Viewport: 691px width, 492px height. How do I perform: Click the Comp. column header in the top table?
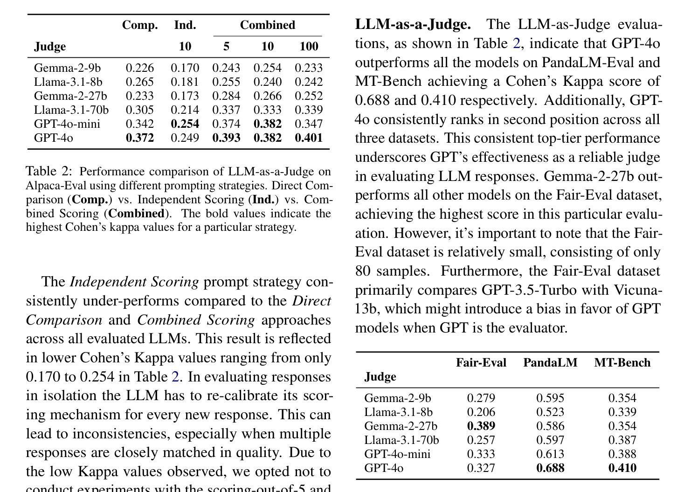140,25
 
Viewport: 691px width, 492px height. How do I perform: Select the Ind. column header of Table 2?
185,25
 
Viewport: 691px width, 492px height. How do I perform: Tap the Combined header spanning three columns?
268,25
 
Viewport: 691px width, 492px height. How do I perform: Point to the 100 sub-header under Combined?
309,46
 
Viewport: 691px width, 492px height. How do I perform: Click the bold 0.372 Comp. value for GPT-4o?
140,138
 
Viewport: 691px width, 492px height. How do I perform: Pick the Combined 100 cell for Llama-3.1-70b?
309,110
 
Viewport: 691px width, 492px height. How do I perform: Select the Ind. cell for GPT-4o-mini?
185,124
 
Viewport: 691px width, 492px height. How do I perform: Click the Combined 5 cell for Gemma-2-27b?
226,96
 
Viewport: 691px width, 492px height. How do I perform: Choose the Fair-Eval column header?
481,362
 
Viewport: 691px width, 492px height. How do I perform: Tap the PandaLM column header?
550,362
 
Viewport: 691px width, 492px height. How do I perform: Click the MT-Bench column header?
622,362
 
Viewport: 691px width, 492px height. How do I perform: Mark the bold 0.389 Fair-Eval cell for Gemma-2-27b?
481,426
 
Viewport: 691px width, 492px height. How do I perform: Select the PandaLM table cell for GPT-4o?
550,468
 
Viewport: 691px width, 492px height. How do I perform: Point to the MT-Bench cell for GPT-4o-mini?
622,454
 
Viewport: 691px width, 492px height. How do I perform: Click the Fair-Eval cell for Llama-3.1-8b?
481,412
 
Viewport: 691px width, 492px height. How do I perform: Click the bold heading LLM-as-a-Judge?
413,24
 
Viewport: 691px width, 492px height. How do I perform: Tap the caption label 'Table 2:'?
49,171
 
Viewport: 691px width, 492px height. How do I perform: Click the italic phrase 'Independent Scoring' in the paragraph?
134,282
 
